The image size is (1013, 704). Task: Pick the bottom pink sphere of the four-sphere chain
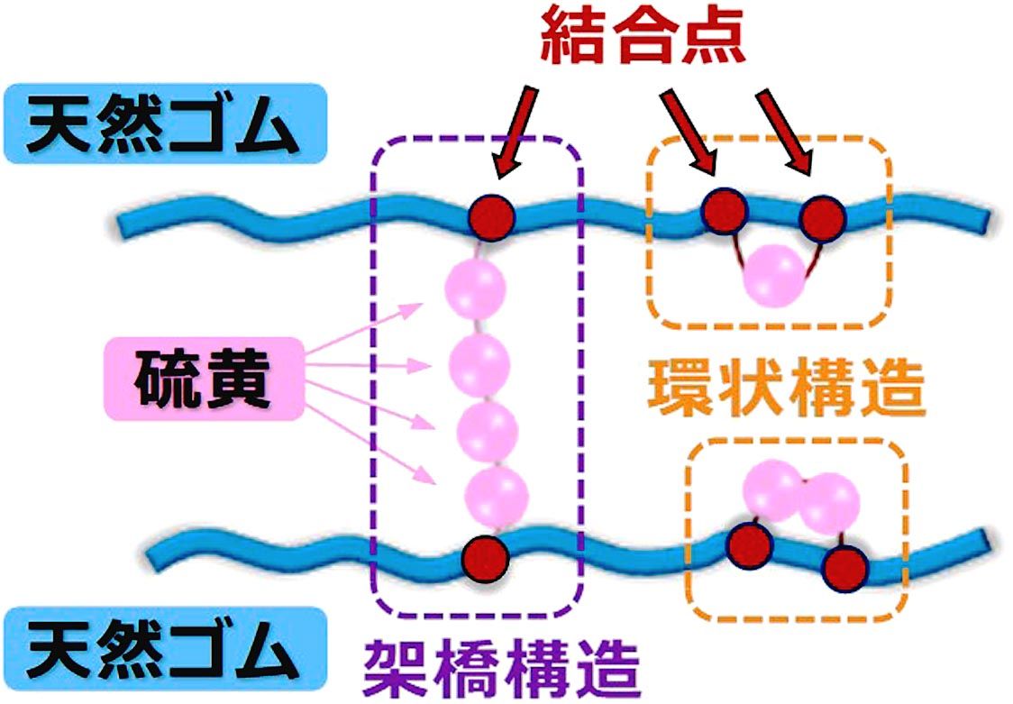[496, 495]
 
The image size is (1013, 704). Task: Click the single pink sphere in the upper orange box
[774, 274]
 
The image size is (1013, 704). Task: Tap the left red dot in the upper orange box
[725, 213]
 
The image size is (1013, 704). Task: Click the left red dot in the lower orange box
[750, 544]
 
